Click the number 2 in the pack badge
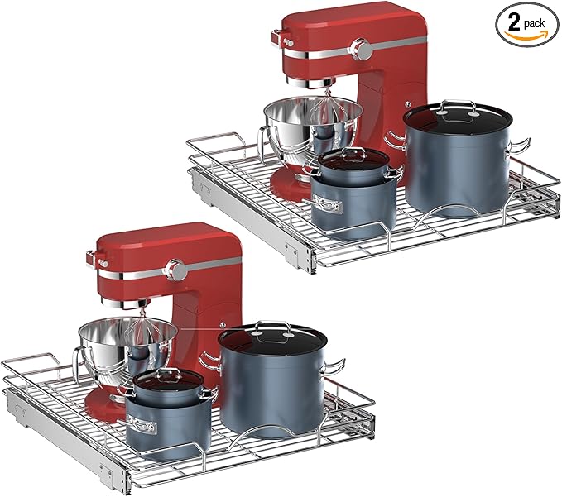[514, 23]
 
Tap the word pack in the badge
[535, 24]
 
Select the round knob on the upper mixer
[361, 49]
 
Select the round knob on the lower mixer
[175, 270]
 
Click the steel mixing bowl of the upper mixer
[313, 126]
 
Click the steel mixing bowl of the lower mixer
[127, 346]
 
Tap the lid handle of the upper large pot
[458, 107]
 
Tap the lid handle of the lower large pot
[272, 328]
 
